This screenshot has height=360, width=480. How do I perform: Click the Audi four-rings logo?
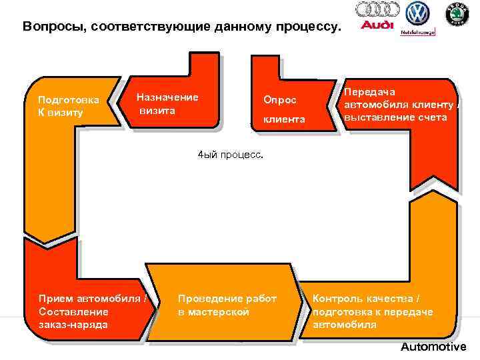click(x=377, y=9)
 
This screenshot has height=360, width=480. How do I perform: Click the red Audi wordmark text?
click(x=377, y=26)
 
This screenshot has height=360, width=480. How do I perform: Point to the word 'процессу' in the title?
click(x=309, y=27)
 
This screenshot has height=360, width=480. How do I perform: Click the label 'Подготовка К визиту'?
click(x=69, y=106)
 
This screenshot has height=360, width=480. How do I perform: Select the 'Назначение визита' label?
click(x=167, y=103)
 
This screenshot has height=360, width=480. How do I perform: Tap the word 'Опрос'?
click(x=279, y=99)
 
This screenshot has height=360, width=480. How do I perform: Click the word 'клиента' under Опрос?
click(x=283, y=119)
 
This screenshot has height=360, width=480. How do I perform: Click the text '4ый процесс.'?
click(x=231, y=153)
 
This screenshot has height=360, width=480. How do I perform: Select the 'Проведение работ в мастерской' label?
click(x=227, y=305)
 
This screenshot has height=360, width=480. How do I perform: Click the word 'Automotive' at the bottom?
click(x=433, y=347)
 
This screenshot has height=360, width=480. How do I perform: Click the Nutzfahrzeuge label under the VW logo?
click(x=417, y=31)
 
